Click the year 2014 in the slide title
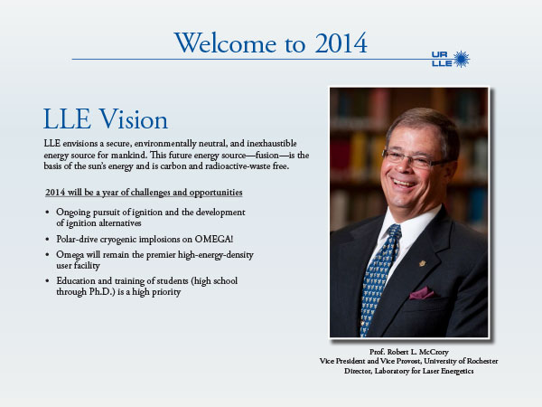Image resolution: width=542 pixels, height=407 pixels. click(341, 43)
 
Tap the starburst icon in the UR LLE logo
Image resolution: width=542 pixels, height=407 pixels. click(461, 59)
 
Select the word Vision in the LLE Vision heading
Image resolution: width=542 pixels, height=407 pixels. click(134, 119)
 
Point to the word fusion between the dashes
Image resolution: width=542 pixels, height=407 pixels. click(266, 155)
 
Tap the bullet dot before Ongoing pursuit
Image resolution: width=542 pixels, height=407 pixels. click(47, 212)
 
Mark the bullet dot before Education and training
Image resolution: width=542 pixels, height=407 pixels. click(47, 280)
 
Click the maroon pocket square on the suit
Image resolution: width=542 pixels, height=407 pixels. click(422, 293)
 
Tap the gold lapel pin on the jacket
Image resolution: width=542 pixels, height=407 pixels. click(422, 263)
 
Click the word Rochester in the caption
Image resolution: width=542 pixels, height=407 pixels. click(482, 361)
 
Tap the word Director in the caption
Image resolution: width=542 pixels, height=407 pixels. click(358, 371)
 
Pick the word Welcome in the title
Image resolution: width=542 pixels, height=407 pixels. click(225, 43)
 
